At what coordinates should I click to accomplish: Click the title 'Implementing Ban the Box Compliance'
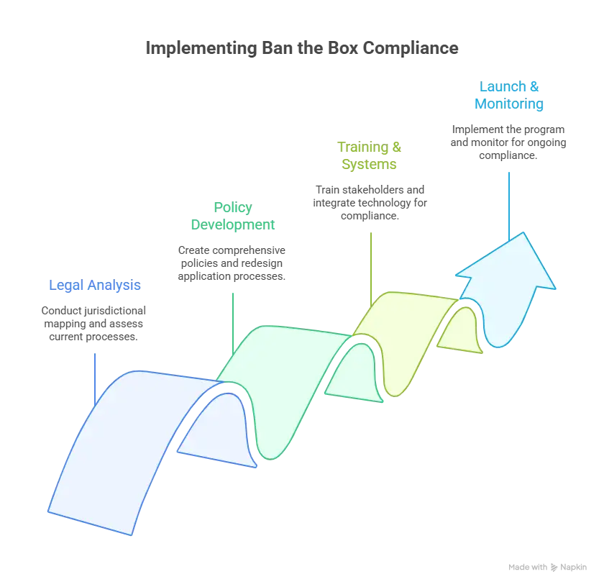coord(302,48)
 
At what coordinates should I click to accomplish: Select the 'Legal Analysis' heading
coord(95,285)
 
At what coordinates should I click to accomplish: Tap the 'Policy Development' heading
coord(233,216)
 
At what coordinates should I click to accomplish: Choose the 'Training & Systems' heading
coord(370,155)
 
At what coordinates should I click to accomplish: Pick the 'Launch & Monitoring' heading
coord(509,95)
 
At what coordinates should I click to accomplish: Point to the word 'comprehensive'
coord(249,250)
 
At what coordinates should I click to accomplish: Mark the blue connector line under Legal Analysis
coord(95,380)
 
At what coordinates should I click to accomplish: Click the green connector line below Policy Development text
coord(233,324)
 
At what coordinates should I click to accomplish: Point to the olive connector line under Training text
coord(371,270)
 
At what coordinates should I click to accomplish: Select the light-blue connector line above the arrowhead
coord(509,206)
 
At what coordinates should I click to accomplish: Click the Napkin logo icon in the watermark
coord(554,568)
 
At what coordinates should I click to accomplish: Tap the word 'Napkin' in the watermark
coord(574,568)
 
